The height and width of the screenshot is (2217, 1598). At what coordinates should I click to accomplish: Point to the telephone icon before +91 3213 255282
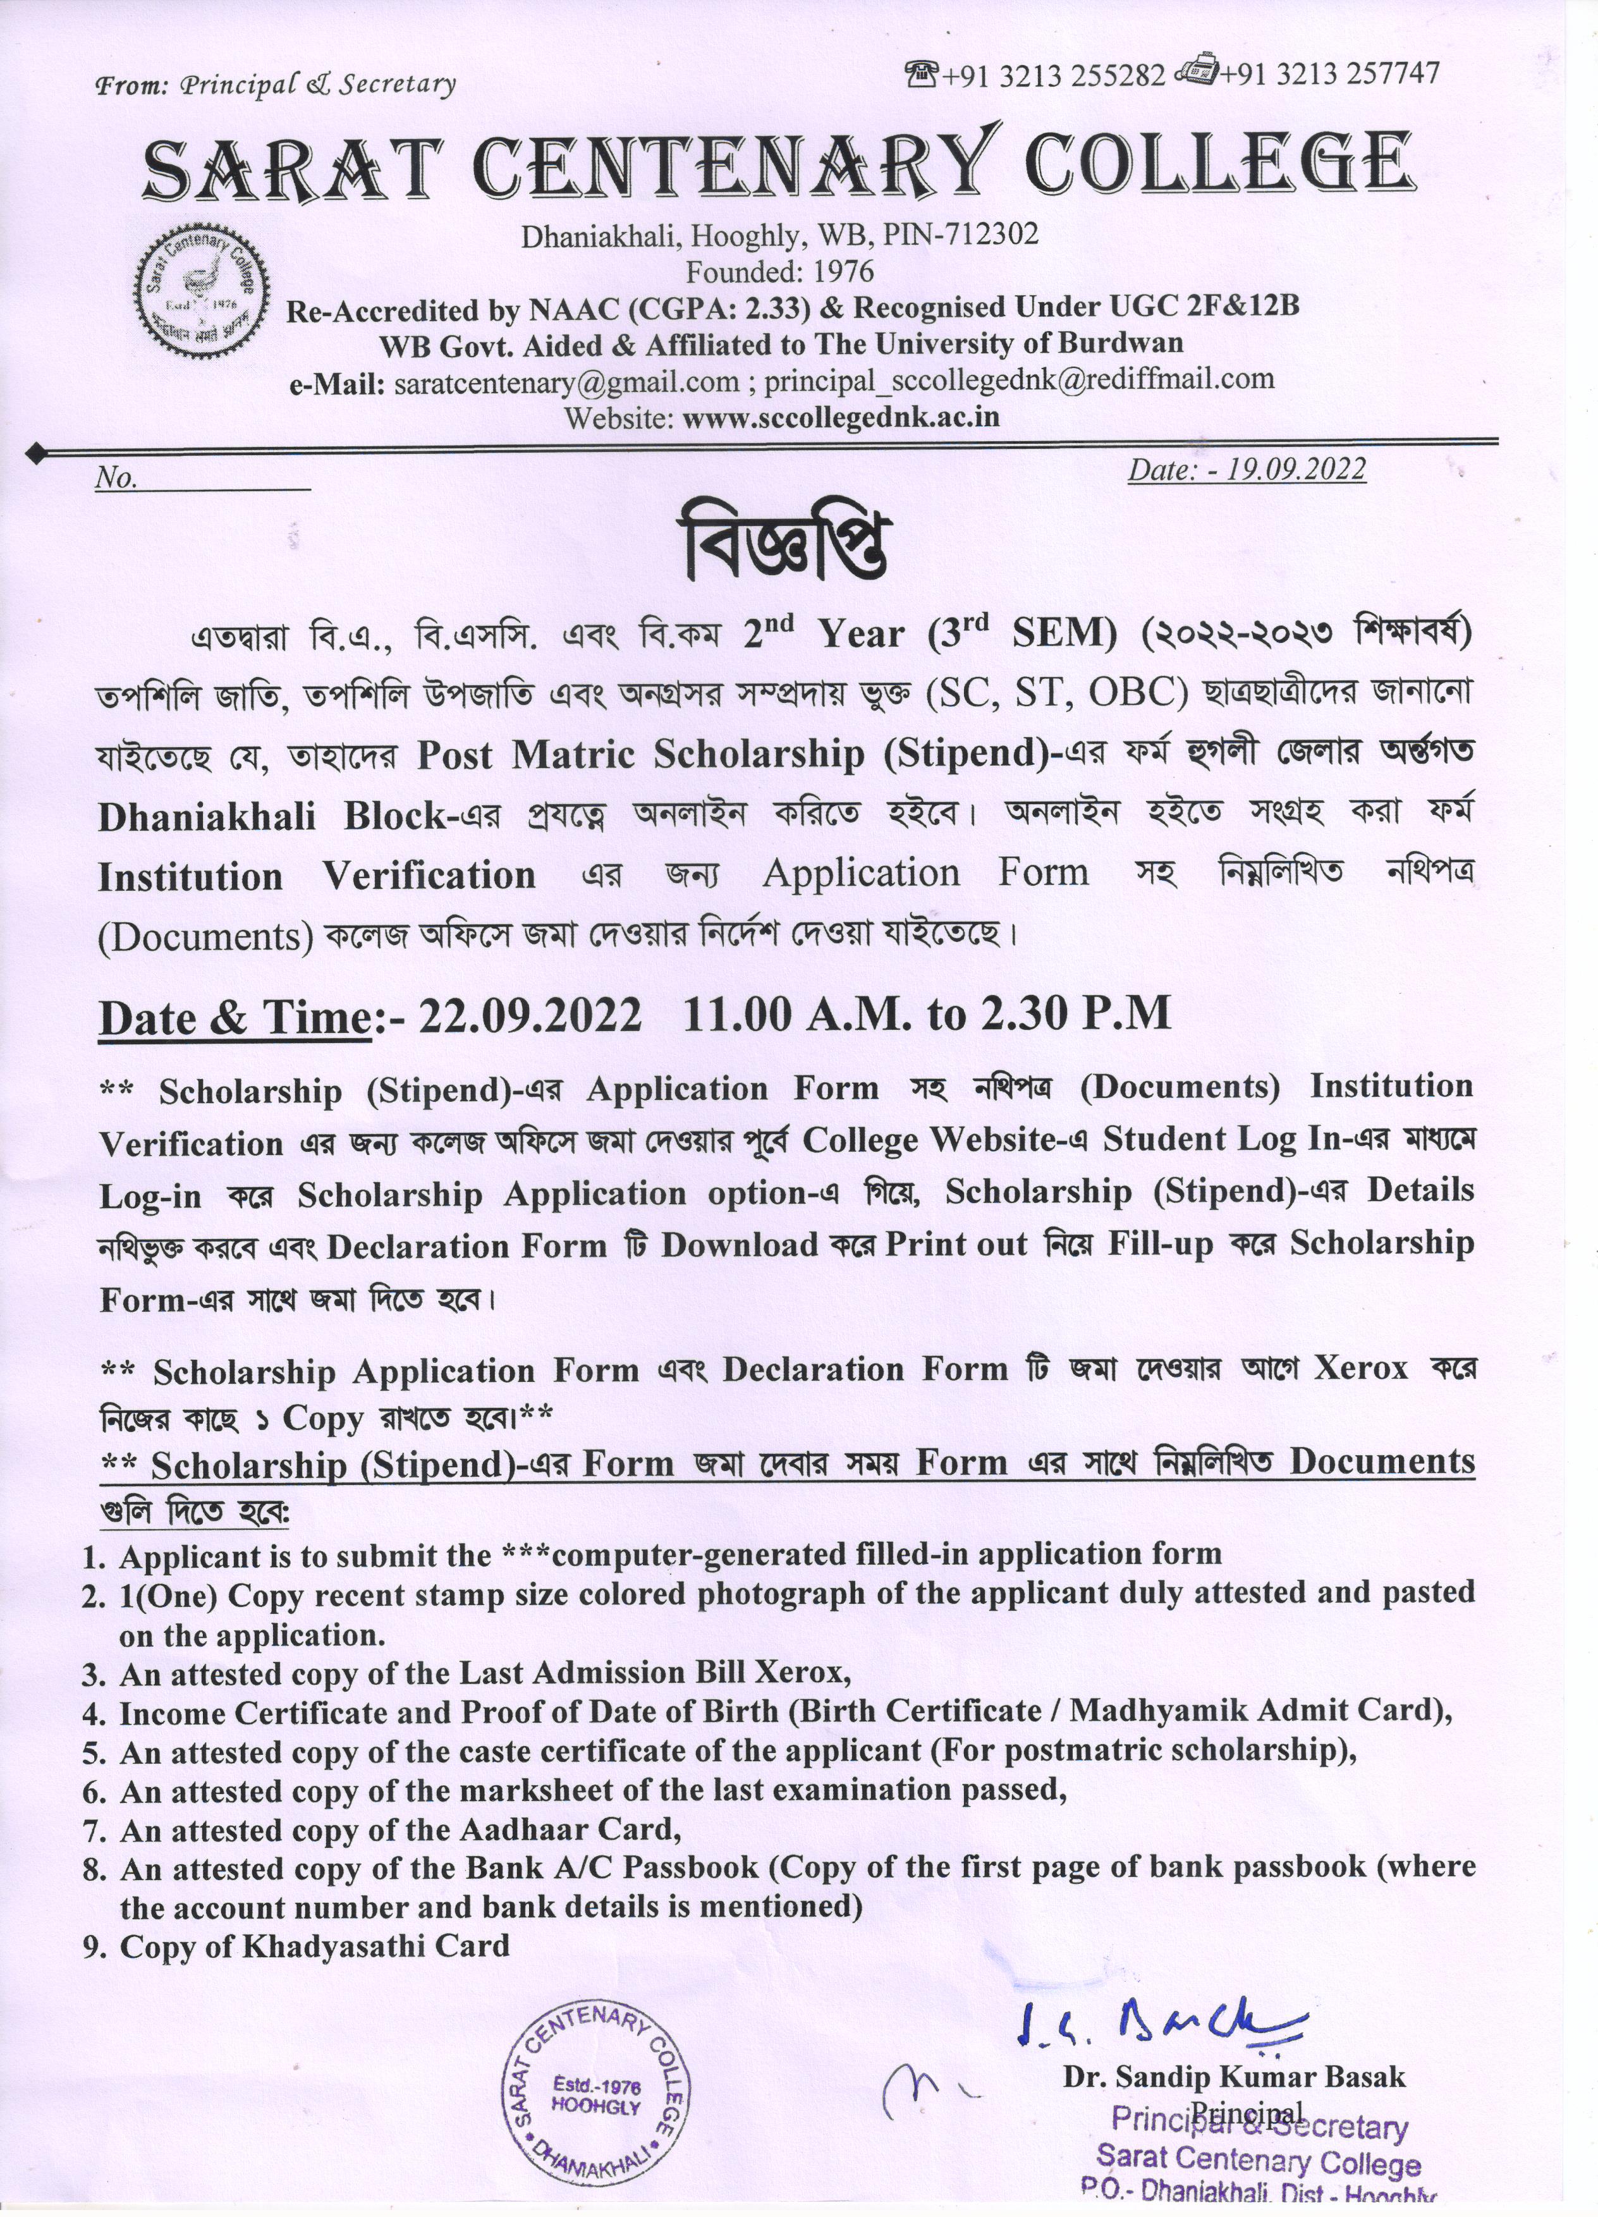920,72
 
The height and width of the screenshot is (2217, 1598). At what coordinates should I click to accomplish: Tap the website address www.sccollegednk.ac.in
841,417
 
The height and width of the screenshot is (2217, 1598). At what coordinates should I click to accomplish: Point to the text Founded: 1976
779,271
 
